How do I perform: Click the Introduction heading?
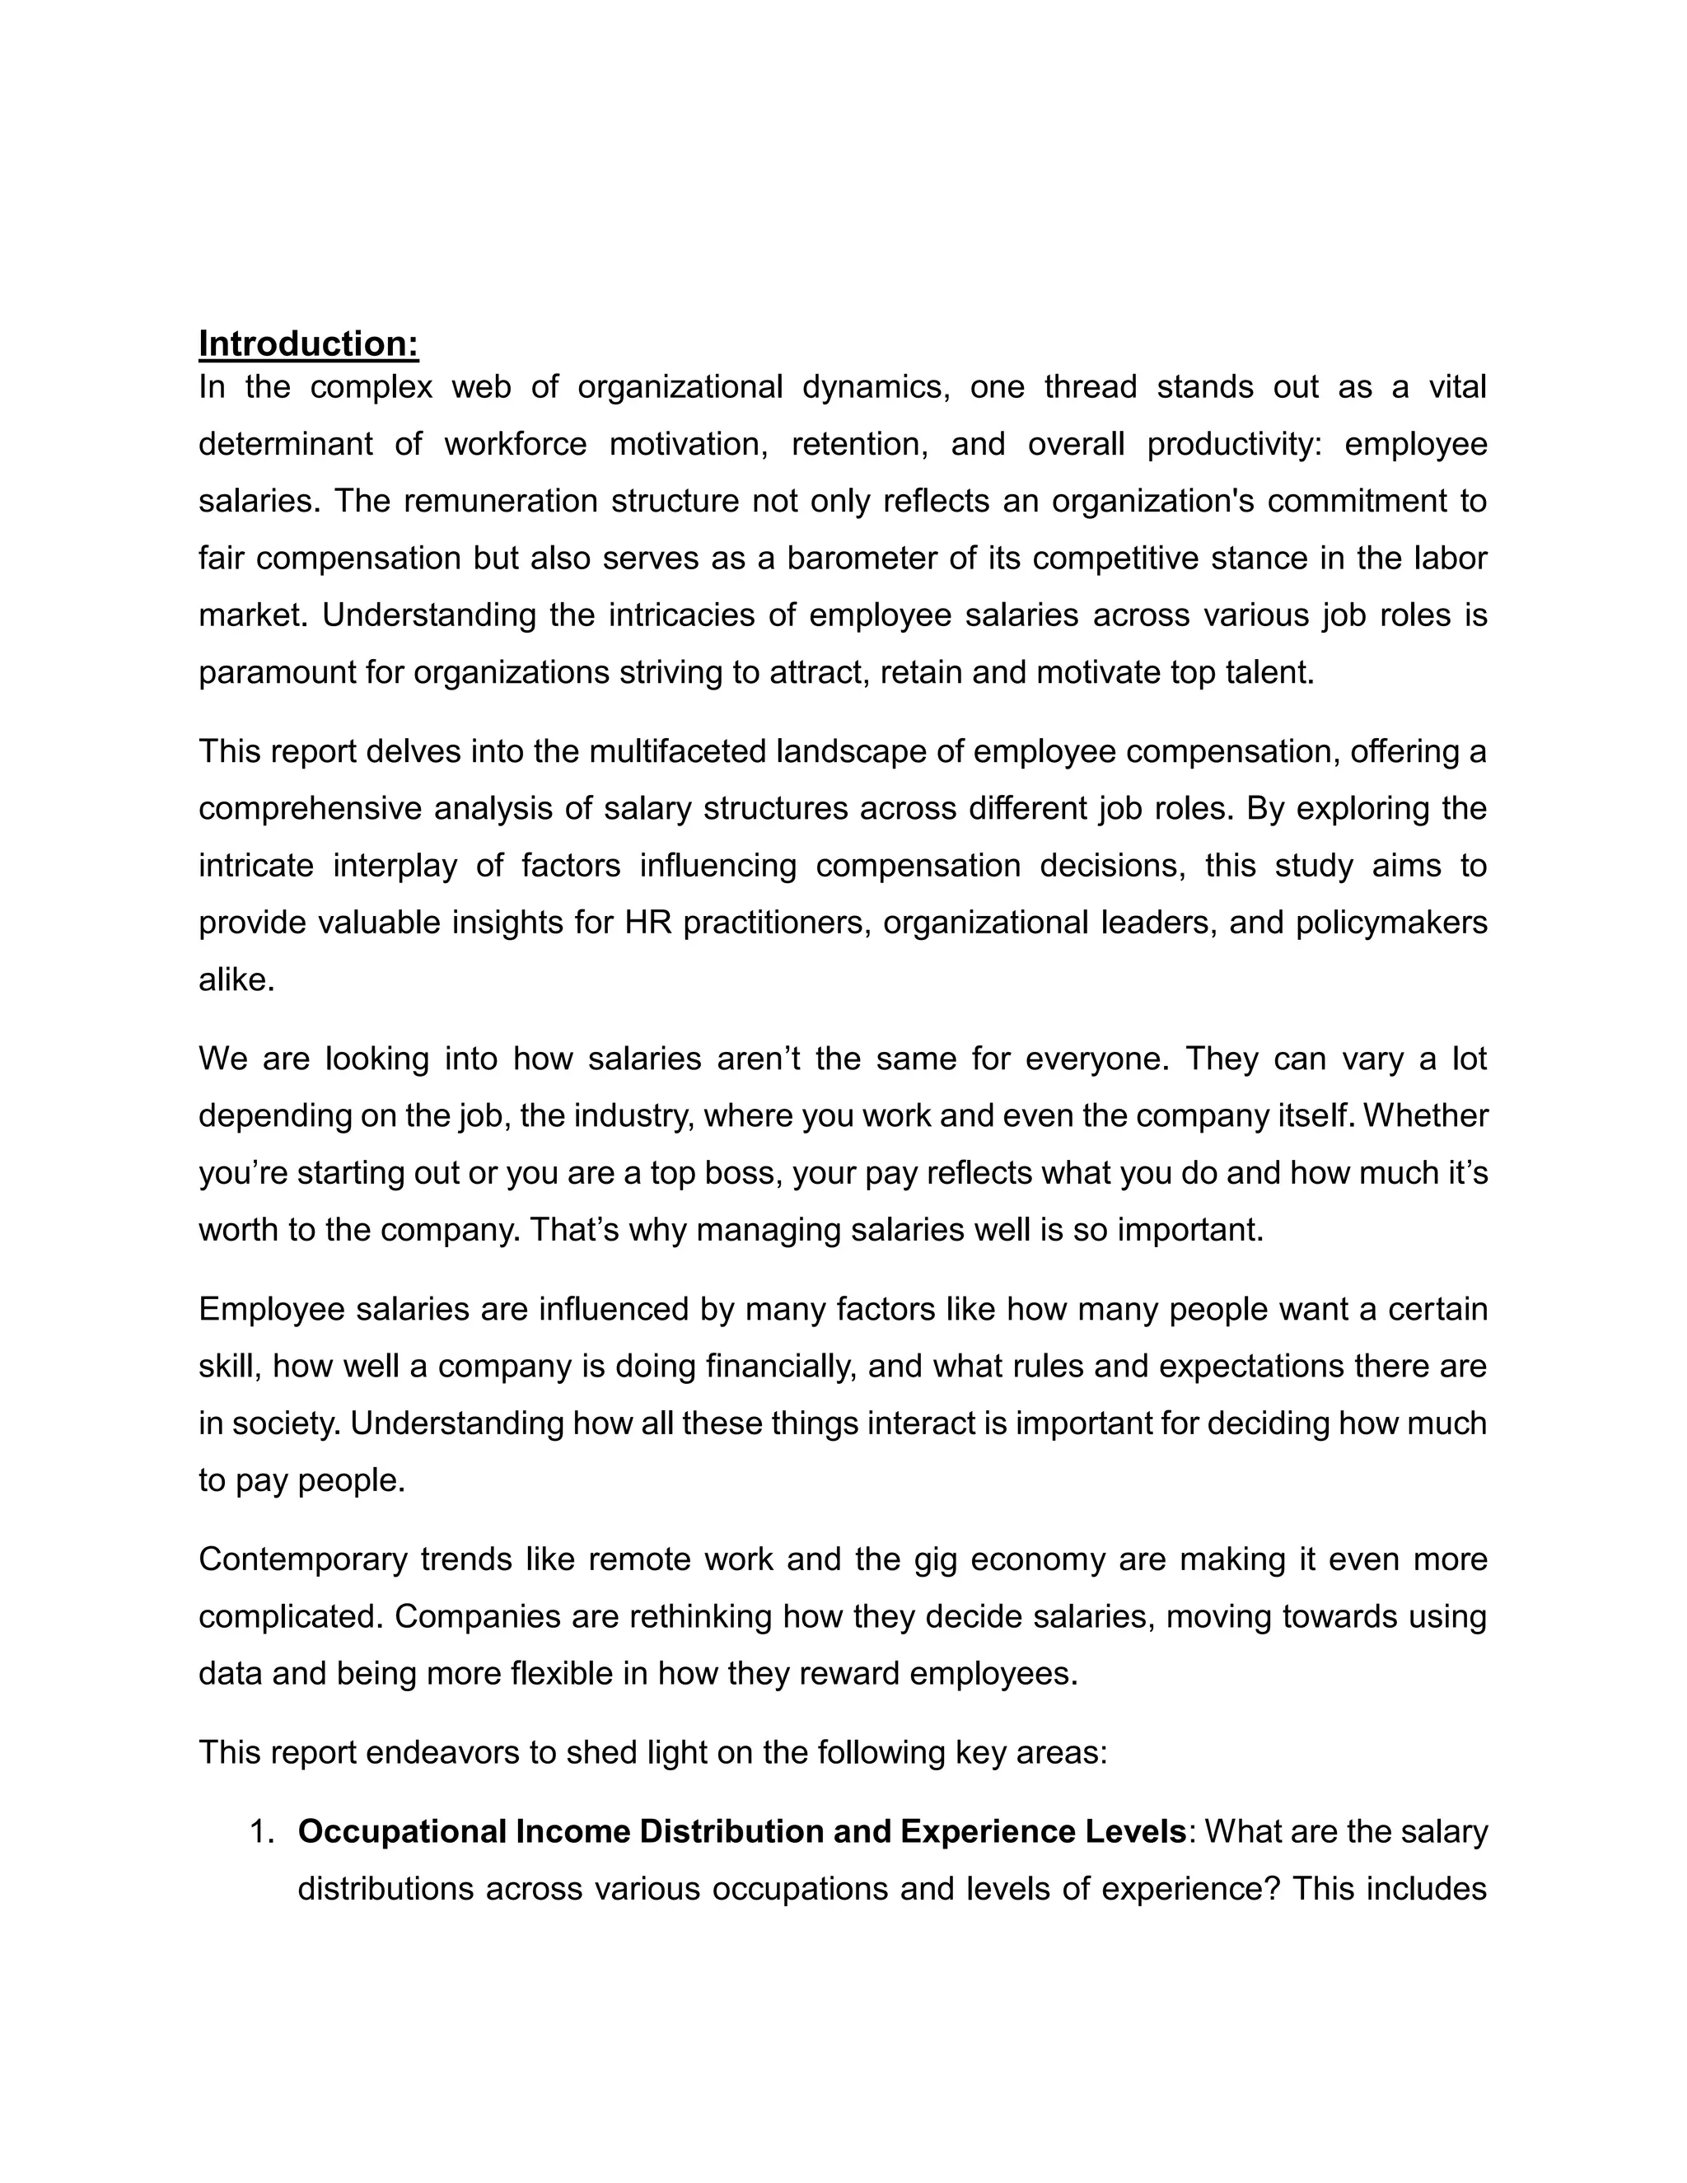308,344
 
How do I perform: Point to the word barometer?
861,558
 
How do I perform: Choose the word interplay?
395,865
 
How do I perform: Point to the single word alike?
236,979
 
